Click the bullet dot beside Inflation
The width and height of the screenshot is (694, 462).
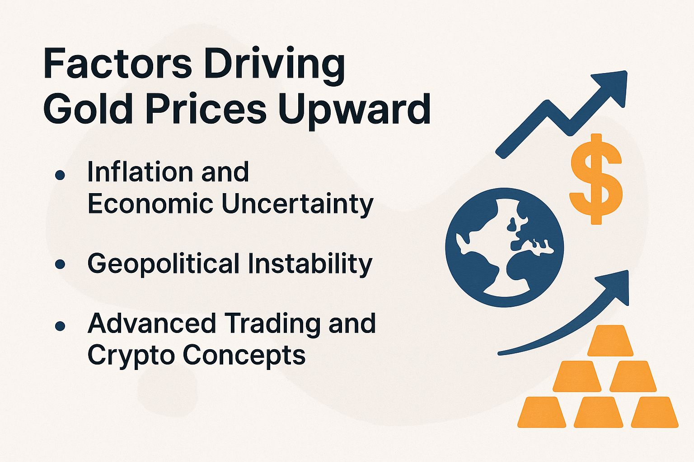60,175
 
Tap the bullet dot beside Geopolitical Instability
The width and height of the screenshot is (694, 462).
60,264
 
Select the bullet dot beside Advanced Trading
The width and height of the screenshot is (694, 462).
60,325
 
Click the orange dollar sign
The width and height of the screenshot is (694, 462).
596,179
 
